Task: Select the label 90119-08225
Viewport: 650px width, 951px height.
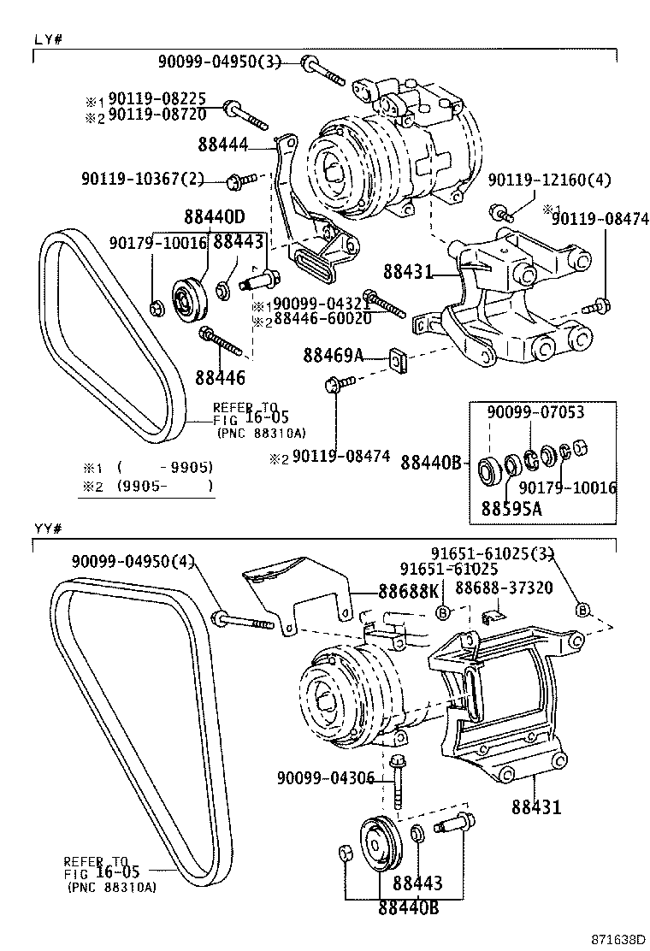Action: tap(157, 99)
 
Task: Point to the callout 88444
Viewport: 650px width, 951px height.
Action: tap(224, 146)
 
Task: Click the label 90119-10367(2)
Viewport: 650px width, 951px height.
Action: tap(144, 179)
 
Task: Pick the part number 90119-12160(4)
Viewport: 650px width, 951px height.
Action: tap(550, 180)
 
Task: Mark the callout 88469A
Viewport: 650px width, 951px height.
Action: tap(334, 354)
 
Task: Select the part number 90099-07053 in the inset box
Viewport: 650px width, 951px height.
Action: tap(535, 412)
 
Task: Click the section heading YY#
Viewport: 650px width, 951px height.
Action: tap(47, 527)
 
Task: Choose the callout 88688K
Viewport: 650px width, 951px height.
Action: tap(409, 591)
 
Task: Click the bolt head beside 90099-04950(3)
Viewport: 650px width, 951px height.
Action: tap(308, 62)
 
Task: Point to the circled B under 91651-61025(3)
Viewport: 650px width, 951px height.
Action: tap(582, 609)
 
